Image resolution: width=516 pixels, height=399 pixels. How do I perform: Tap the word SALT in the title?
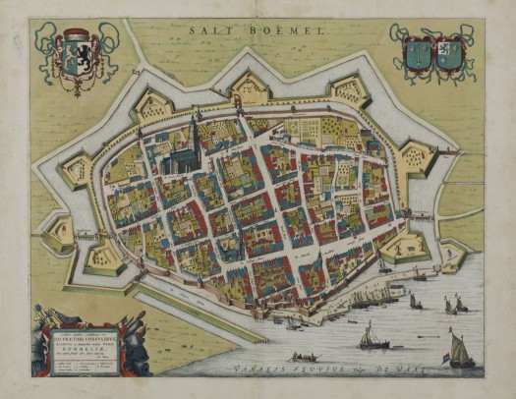(x=208, y=31)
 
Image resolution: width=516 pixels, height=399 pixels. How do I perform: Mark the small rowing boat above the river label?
(x=297, y=356)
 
